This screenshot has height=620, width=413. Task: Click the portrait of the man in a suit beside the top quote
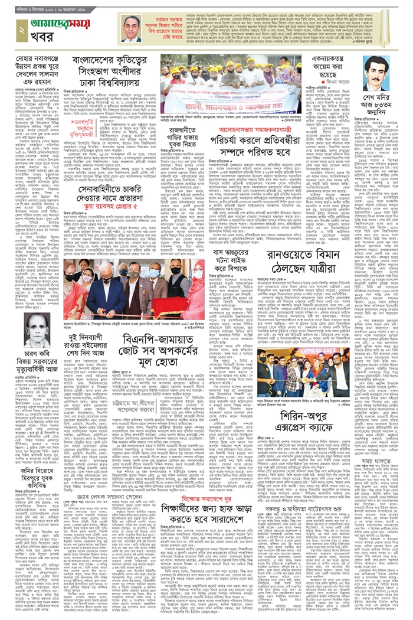(131, 28)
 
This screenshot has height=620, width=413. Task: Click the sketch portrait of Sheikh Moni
(376, 73)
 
